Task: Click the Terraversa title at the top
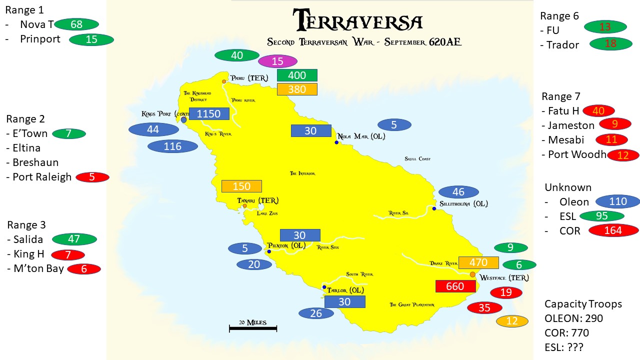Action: point(358,21)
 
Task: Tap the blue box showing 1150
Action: point(209,113)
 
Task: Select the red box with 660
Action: point(455,286)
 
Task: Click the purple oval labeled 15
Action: point(277,61)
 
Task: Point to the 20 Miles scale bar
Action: point(253,327)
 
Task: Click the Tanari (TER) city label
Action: point(258,200)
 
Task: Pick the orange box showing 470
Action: point(478,262)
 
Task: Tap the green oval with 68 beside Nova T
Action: point(76,24)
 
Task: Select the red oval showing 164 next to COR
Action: point(613,230)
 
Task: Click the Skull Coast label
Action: point(417,159)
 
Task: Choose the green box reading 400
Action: point(297,75)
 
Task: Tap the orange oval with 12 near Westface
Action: point(512,321)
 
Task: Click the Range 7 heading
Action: point(560,96)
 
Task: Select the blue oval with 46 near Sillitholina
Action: point(458,192)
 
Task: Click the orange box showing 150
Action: point(241,186)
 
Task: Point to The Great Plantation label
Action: point(412,304)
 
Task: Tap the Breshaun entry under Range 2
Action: point(35,162)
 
